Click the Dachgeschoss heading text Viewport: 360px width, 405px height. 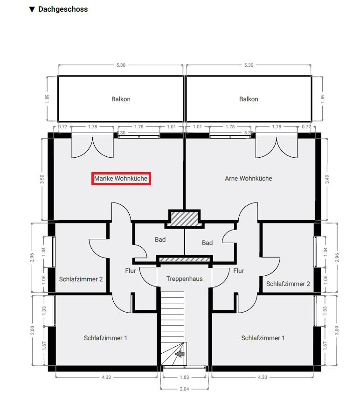[63, 9]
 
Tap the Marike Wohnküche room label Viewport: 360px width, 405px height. [121, 179]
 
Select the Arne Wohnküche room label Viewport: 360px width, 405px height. [249, 179]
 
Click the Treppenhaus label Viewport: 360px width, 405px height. [185, 279]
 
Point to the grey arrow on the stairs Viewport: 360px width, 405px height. [180, 354]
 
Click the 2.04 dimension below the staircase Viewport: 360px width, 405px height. [184, 389]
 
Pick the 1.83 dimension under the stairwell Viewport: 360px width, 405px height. [185, 377]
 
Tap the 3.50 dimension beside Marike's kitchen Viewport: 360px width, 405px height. [42, 179]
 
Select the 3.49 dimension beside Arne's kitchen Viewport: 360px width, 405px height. [327, 179]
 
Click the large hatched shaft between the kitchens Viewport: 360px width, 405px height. [185, 219]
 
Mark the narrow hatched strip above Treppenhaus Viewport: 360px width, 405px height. [185, 259]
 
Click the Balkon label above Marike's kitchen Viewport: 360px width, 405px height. [121, 99]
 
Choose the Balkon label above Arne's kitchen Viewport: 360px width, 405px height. [249, 99]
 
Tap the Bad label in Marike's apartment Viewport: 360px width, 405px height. [160, 240]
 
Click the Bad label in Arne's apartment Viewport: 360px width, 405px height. [207, 243]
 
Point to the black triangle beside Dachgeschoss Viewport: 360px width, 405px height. [32, 10]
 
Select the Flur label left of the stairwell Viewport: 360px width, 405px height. [130, 271]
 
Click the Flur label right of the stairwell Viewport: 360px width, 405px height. [238, 271]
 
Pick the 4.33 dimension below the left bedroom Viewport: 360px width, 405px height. [106, 377]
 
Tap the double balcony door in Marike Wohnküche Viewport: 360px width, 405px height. [92, 146]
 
